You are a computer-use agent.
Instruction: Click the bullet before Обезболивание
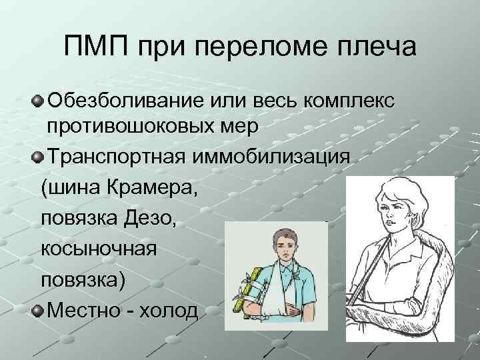pos(37,102)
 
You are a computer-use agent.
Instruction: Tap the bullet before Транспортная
pos(37,158)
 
